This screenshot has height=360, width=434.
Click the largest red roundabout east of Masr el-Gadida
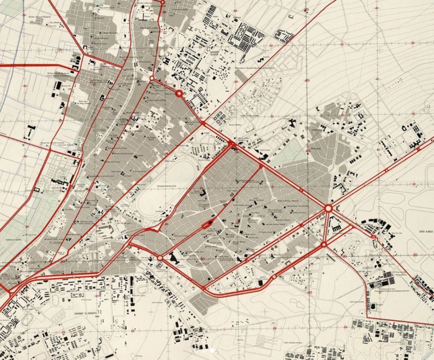(x=328, y=208)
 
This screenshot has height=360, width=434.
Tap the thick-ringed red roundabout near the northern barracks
(x=179, y=94)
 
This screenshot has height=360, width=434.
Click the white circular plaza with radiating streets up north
(x=145, y=32)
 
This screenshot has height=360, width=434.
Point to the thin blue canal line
(x=8, y=102)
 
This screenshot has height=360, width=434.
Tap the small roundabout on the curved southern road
(x=275, y=277)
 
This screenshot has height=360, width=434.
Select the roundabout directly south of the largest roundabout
(x=324, y=244)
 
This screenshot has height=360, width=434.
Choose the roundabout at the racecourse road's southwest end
(x=160, y=257)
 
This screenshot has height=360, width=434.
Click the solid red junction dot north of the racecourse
(x=203, y=123)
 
